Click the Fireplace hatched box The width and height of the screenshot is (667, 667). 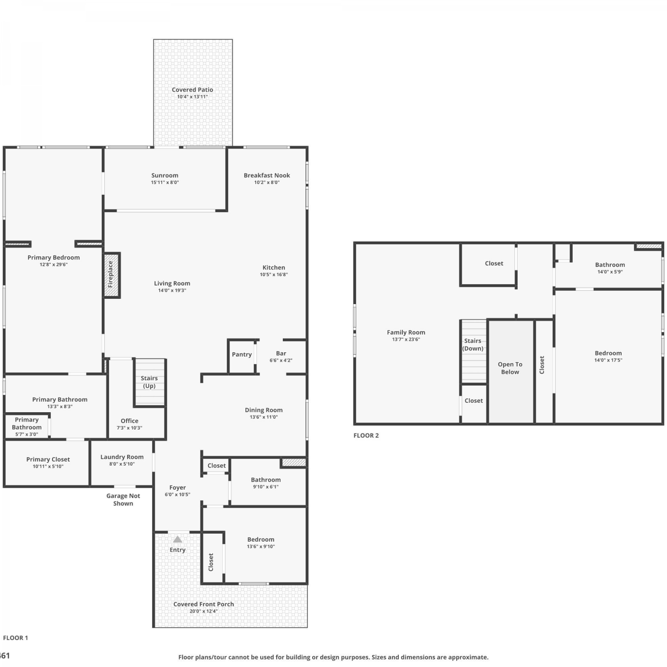click(112, 275)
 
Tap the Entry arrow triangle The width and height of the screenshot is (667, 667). click(177, 539)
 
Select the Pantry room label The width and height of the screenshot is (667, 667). click(242, 354)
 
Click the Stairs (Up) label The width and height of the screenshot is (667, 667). click(149, 382)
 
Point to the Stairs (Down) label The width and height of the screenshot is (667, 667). click(473, 345)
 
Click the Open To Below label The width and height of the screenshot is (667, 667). click(510, 368)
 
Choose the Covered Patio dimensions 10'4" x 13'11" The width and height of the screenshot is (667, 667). click(193, 97)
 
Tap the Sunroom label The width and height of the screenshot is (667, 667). click(165, 175)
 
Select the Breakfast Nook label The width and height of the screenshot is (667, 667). click(267, 175)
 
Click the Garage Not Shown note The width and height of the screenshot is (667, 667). click(123, 499)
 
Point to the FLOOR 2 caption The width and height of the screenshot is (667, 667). click(366, 435)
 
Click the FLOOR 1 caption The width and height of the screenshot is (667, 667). click(16, 638)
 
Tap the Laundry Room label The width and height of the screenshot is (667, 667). click(122, 457)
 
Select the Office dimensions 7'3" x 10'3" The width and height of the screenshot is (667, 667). click(129, 428)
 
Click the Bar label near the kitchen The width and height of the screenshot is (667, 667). click(281, 354)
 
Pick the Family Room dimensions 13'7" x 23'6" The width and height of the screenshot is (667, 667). click(406, 339)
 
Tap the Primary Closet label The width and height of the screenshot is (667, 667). click(48, 459)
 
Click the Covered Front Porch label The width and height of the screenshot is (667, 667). click(204, 604)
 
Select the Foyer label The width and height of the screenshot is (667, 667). click(177, 487)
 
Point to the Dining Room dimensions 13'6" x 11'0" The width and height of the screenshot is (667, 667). click(264, 417)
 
